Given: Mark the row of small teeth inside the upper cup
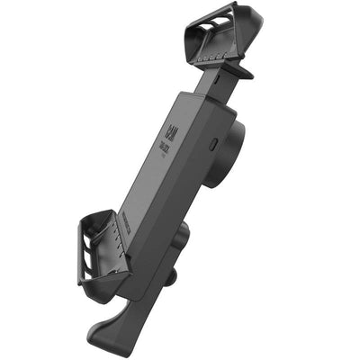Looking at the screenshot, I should point(217,53).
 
